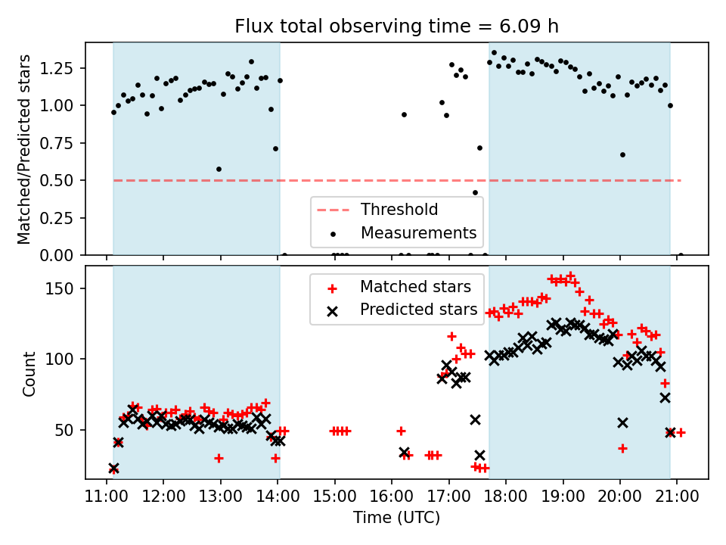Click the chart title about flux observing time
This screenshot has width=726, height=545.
tap(396, 26)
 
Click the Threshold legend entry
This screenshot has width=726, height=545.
tap(399, 209)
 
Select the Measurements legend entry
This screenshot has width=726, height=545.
tap(418, 232)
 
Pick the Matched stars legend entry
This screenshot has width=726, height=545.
tap(416, 287)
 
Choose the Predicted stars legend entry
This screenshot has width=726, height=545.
tap(418, 309)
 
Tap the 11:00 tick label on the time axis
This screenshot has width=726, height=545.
tap(106, 497)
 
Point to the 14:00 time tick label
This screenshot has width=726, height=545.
tap(278, 497)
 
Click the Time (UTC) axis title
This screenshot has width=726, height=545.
tap(396, 518)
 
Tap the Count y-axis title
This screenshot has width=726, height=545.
tap(29, 374)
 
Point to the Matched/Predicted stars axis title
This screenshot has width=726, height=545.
tap(24, 149)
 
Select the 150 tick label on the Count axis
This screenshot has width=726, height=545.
tap(64, 288)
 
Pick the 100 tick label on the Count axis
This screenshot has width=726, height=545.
tap(64, 359)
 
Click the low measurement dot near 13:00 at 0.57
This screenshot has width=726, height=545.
tap(219, 169)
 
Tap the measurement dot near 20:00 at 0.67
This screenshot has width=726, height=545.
tap(622, 154)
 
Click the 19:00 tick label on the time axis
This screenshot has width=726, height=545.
tap(563, 497)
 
